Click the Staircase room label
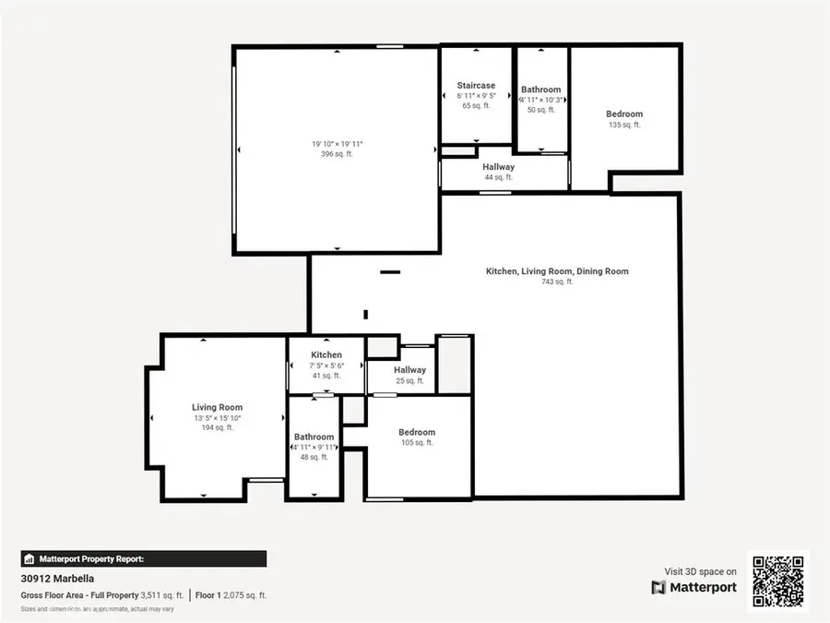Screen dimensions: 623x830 point(476,86)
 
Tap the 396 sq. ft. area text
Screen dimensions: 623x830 point(337,154)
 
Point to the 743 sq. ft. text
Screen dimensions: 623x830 point(557,282)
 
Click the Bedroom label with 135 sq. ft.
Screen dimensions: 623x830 point(624,114)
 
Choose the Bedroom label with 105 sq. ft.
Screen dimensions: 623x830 point(416,432)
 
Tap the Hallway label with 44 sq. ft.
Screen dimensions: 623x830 point(499,167)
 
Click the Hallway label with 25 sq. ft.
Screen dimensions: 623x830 point(409,370)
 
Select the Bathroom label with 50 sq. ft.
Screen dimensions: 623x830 point(540,90)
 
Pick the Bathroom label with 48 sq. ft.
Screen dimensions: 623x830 point(314,437)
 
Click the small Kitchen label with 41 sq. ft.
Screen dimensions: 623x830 point(326,355)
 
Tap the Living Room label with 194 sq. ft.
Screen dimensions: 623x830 point(217,407)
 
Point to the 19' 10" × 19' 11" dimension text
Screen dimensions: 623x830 point(337,143)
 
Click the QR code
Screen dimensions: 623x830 point(778,581)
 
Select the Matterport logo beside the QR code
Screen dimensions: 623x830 point(694,587)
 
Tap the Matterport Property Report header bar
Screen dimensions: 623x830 point(143,558)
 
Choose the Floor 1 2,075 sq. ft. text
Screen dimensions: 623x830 point(233,595)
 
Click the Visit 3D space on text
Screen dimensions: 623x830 point(700,571)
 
